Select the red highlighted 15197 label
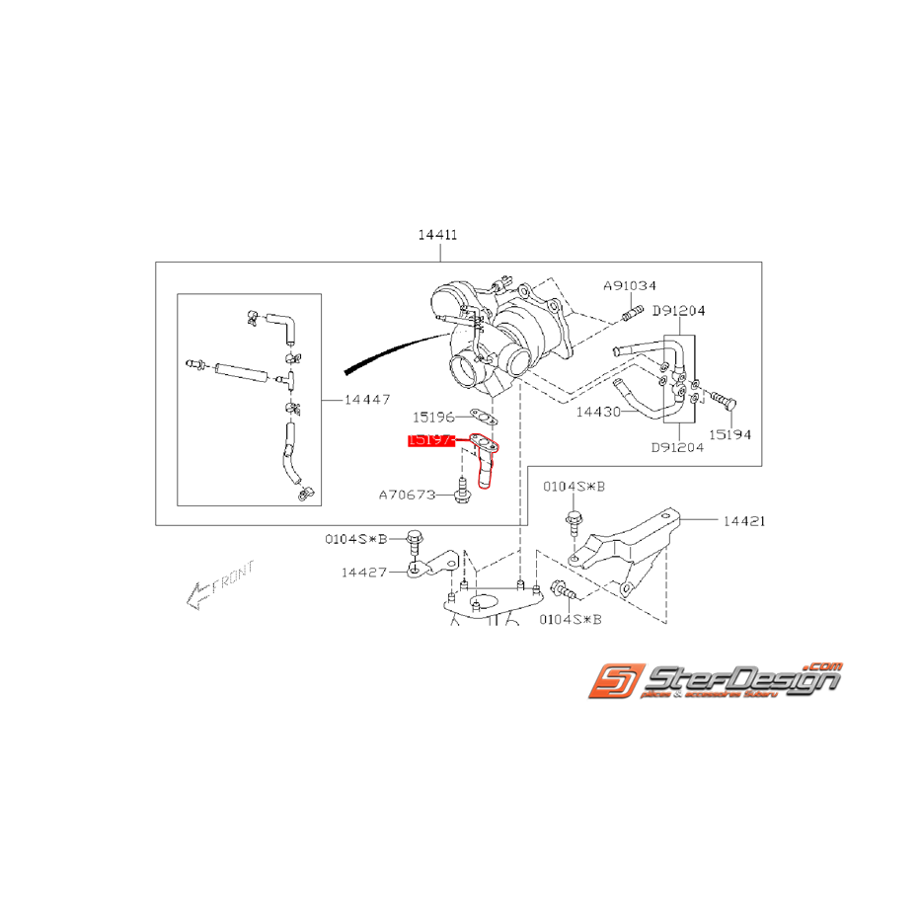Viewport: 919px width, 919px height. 431,441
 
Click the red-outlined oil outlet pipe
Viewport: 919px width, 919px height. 486,464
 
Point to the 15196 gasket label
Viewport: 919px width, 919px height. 434,417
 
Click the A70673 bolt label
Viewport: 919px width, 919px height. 407,494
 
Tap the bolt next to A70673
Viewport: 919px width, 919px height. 462,491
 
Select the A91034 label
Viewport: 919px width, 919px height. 631,285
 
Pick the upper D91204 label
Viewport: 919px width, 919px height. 679,310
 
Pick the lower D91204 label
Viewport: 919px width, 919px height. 679,446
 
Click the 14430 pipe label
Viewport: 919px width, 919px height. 599,412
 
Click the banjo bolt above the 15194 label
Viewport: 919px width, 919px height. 727,401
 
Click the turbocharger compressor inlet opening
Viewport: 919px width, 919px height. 463,375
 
